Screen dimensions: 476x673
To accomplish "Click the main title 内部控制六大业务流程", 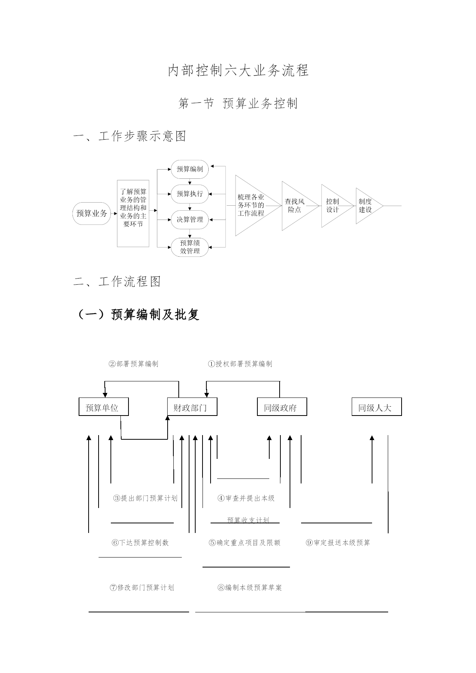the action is coord(238,71).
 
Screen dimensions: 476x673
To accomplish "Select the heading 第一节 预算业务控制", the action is coord(238,103).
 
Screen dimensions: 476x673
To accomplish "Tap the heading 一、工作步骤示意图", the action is coord(130,136).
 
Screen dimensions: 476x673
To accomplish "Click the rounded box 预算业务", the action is coord(92,213).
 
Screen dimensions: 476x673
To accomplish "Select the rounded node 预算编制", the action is coord(190,169).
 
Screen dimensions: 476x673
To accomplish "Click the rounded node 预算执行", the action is coord(190,194).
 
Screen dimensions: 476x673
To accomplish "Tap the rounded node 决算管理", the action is coord(190,219).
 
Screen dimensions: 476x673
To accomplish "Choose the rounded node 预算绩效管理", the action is coord(190,247).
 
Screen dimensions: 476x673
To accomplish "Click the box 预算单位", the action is coord(104,407).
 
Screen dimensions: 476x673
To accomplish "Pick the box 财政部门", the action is coord(192,407).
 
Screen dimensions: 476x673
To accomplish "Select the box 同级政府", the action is coord(282,407).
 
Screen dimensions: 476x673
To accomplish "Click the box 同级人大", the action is coord(377,407).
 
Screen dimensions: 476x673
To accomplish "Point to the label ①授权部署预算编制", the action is coord(240,364).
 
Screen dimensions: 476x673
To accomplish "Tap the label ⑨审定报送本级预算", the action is coord(338,543).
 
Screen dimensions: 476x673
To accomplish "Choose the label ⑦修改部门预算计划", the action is coord(142,587).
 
